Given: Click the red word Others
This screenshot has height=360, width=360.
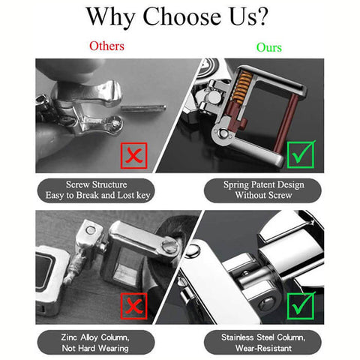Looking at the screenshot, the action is [x=106, y=46].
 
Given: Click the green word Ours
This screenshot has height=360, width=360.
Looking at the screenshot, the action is [x=269, y=47].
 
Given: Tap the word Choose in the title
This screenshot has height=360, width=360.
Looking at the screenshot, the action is [x=181, y=16].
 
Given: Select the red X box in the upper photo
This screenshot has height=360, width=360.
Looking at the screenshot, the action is [x=133, y=155].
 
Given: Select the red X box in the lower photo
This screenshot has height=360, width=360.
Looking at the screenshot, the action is [x=133, y=306].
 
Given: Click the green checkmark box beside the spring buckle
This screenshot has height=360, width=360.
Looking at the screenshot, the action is [x=301, y=154].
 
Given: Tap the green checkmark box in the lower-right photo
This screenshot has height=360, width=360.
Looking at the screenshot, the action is [x=301, y=306].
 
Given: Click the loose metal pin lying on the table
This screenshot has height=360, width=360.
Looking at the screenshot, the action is [x=143, y=108].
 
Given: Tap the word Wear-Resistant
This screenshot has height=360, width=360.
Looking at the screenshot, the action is [x=263, y=348].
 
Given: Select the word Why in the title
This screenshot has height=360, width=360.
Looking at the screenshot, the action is [x=111, y=17].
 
